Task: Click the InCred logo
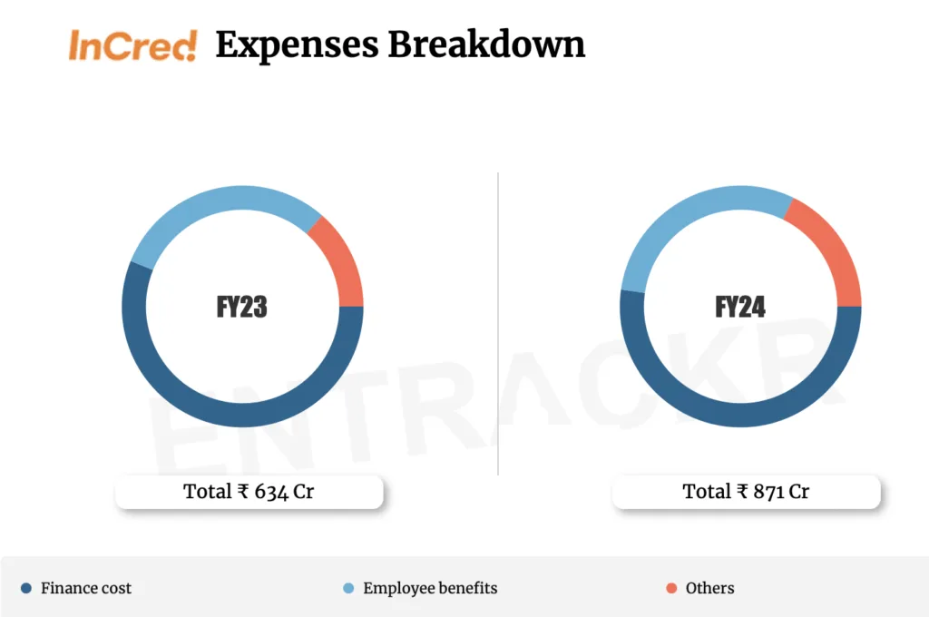point(132,45)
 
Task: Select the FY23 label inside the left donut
point(242,307)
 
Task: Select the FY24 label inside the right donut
point(740,307)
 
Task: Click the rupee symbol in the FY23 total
point(243,492)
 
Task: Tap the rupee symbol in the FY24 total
point(742,492)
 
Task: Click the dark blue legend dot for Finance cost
point(25,588)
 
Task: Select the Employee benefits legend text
point(430,588)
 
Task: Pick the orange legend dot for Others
point(671,588)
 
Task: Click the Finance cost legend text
point(86,588)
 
